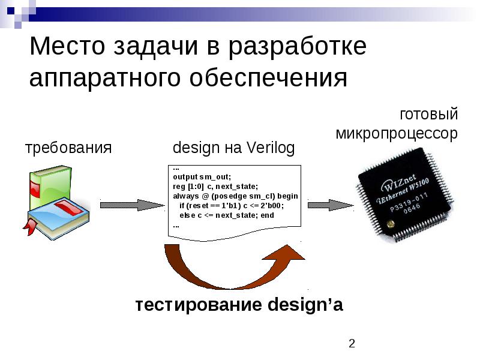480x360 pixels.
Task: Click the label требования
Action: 68,148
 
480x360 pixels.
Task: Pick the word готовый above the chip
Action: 428,114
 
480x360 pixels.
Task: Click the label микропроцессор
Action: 397,133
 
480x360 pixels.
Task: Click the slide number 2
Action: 352,343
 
